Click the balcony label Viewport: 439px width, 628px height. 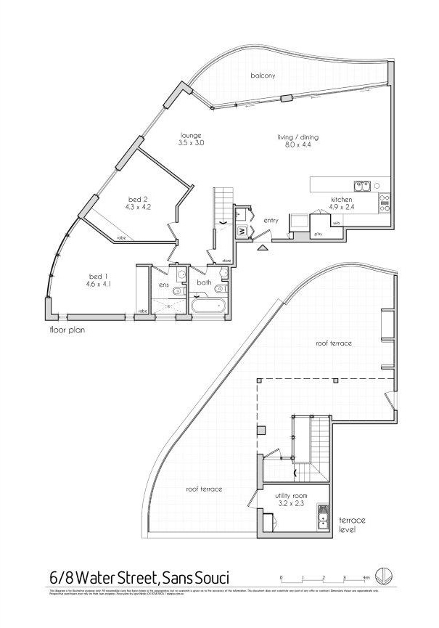(x=261, y=76)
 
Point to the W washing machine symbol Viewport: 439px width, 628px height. (x=242, y=232)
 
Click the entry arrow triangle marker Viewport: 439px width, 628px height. (x=261, y=248)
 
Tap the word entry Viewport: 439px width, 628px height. (x=271, y=220)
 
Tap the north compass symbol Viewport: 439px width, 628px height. (x=384, y=576)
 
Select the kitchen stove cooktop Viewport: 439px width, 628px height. (x=384, y=202)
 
